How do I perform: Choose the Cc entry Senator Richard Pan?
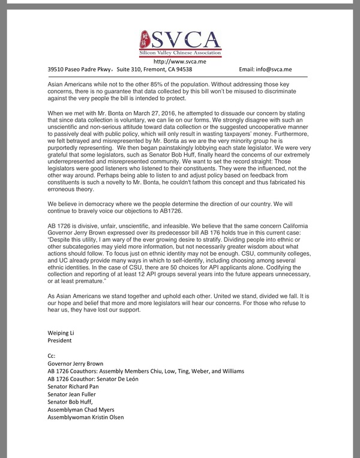coord(73,387)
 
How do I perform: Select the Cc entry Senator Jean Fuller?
coord(72,394)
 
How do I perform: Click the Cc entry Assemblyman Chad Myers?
coord(82,410)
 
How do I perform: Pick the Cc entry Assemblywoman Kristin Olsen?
coord(86,418)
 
